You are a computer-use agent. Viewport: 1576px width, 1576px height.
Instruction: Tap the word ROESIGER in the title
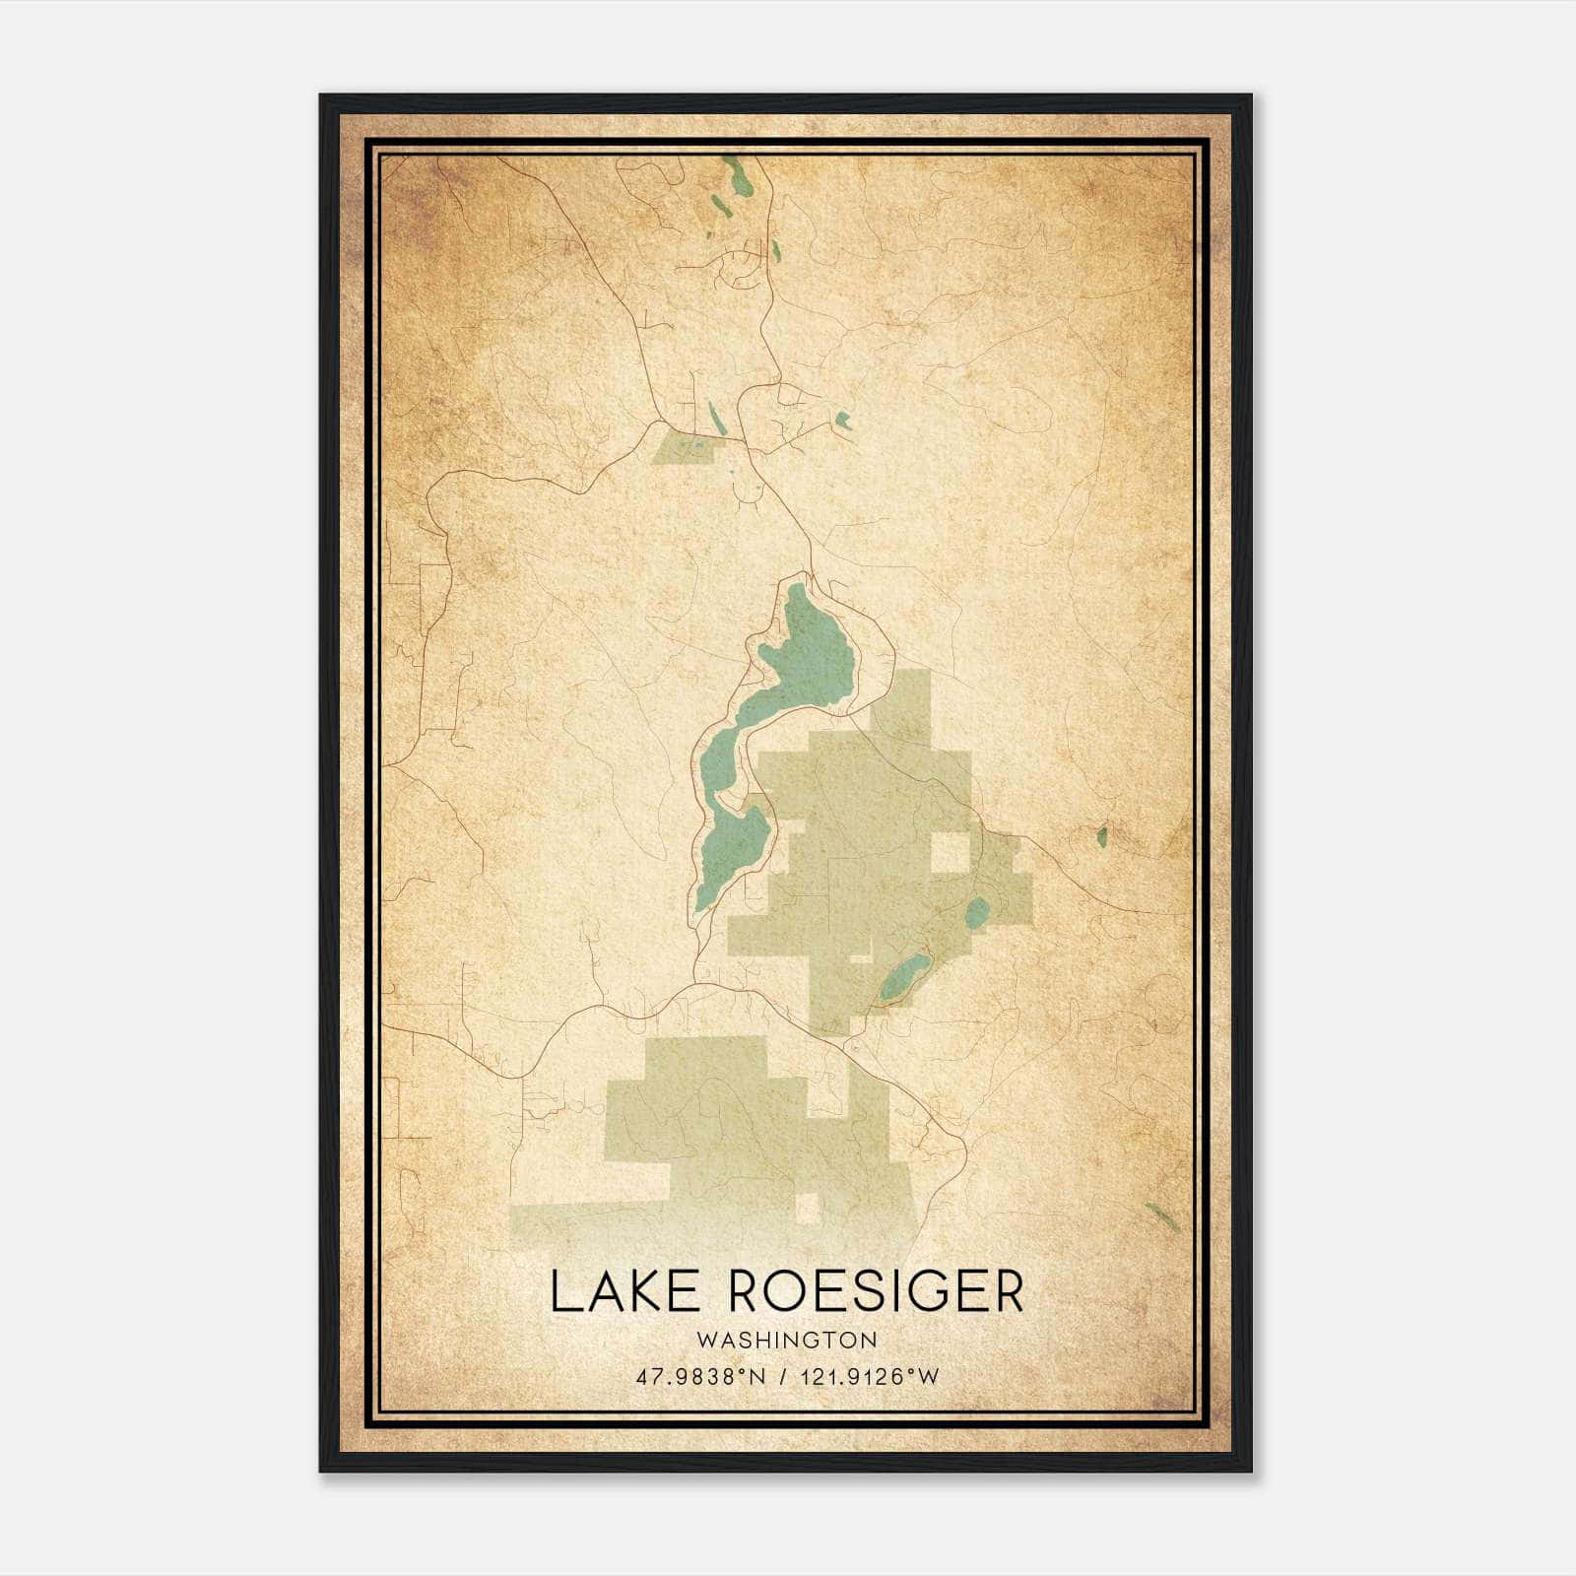[x=877, y=1291]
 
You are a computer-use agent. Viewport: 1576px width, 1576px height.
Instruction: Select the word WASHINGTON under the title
[x=786, y=1340]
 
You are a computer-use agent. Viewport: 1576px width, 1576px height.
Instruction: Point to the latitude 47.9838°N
[x=700, y=1376]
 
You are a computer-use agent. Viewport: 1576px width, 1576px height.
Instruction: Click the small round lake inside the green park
[x=977, y=912]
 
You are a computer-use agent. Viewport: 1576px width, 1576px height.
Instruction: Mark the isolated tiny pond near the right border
[x=1102, y=837]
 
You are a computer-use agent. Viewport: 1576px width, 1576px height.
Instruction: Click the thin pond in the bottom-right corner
[x=1163, y=1214]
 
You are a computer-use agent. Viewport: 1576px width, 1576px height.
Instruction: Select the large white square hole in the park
[x=951, y=852]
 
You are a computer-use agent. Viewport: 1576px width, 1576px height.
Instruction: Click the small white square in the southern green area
[x=808, y=1208]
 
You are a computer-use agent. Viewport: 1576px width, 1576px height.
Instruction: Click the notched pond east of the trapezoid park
[x=843, y=421]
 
